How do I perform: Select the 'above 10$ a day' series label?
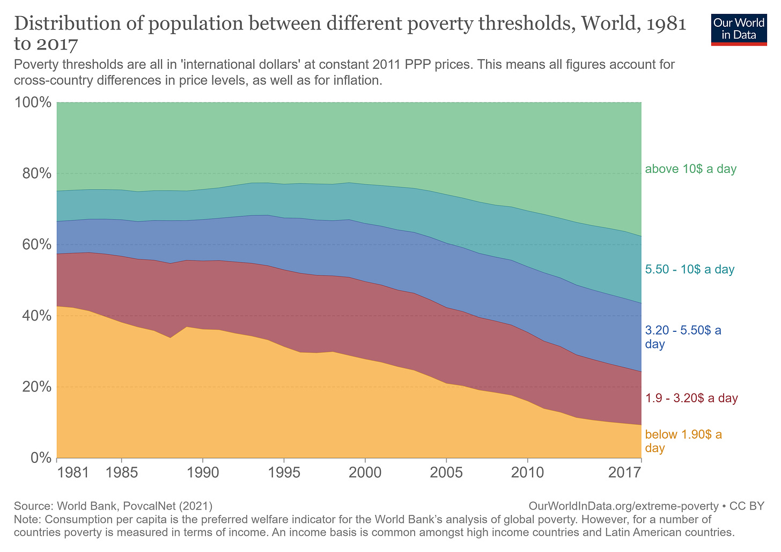pyautogui.click(x=690, y=169)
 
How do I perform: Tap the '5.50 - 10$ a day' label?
pyautogui.click(x=689, y=270)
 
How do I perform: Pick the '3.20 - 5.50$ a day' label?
pyautogui.click(x=683, y=337)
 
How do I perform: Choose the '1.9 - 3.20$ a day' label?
pyautogui.click(x=691, y=398)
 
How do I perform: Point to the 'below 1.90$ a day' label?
pyautogui.click(x=683, y=441)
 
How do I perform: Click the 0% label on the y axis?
pyautogui.click(x=41, y=458)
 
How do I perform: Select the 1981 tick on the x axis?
pyautogui.click(x=73, y=473)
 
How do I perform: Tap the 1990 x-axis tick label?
pyautogui.click(x=202, y=473)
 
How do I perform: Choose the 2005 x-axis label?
pyautogui.click(x=446, y=473)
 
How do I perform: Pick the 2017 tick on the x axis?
pyautogui.click(x=625, y=473)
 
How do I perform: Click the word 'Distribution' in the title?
pyautogui.click(x=65, y=24)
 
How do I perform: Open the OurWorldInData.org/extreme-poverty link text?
pyautogui.click(x=623, y=506)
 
